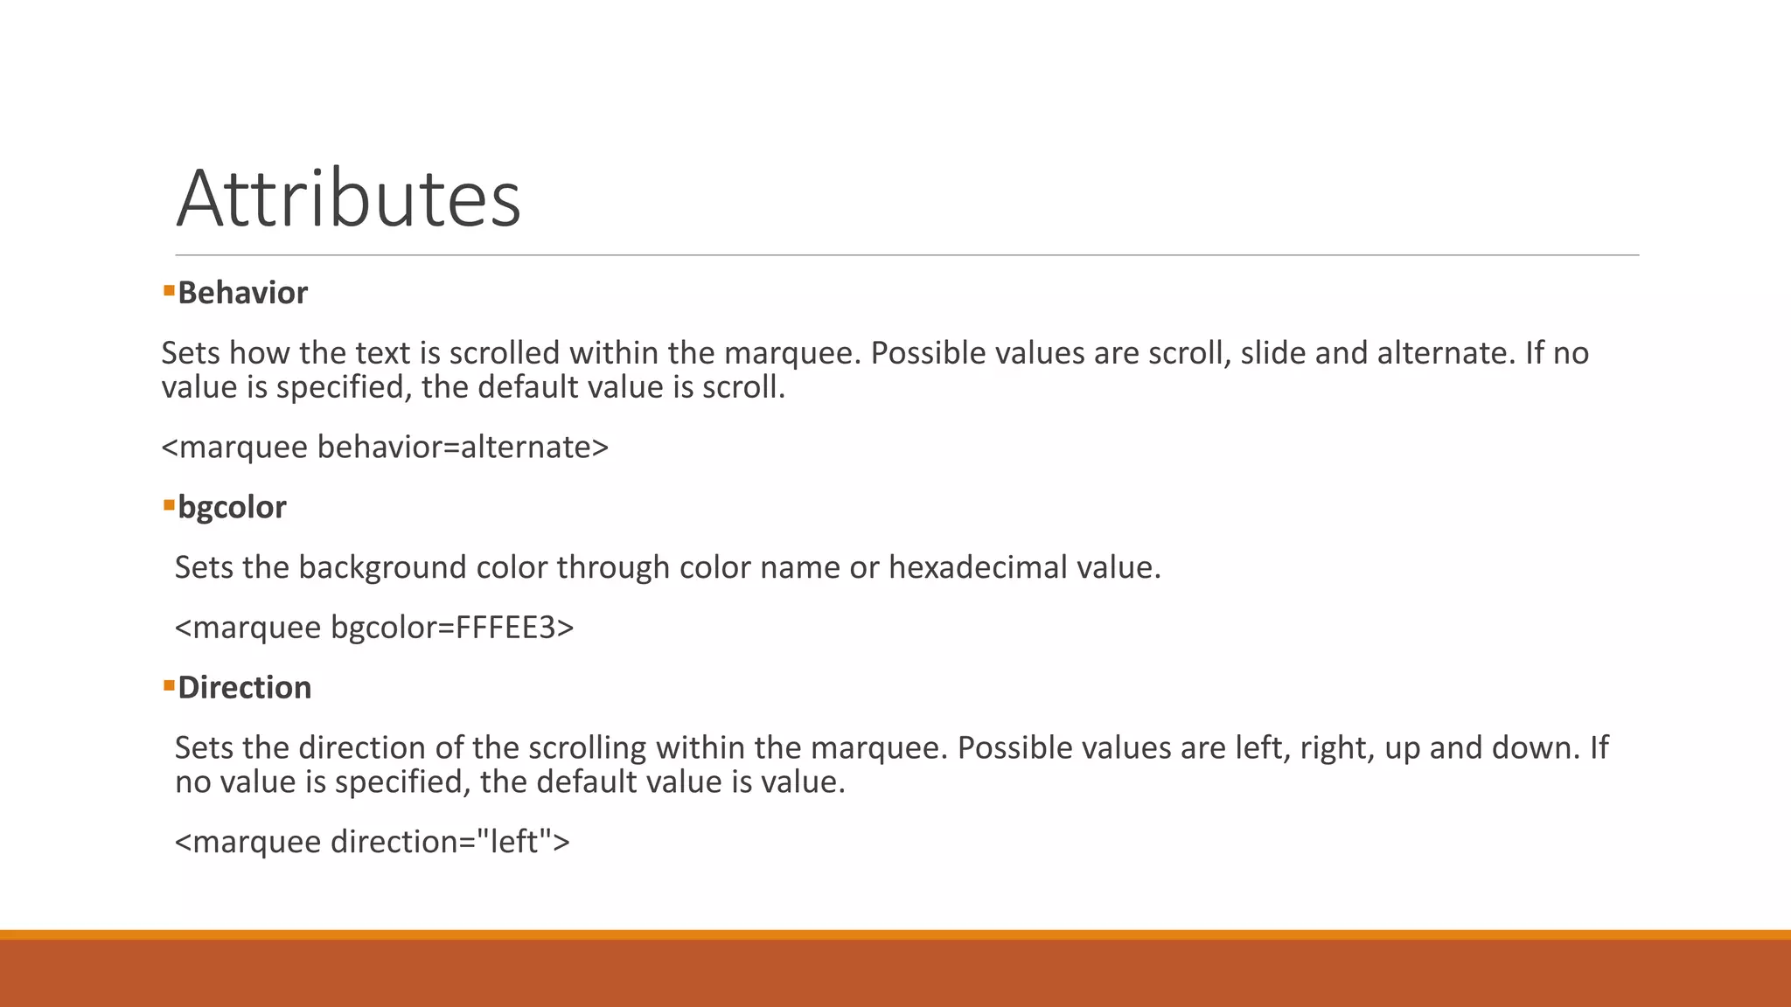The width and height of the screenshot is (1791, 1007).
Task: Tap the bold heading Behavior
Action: (x=242, y=293)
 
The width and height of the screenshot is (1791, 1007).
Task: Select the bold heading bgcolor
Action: (x=232, y=507)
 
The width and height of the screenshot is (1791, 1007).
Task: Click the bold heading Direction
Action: (x=244, y=688)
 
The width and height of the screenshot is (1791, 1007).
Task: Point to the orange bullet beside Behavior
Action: (x=169, y=289)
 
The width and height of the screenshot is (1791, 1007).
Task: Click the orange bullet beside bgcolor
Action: (x=169, y=504)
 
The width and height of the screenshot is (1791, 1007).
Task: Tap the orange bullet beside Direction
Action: (x=169, y=685)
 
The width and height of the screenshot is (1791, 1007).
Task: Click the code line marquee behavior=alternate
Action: (x=385, y=447)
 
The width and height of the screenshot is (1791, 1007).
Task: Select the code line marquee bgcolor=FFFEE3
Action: (x=374, y=628)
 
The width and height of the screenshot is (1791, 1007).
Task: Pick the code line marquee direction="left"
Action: (x=372, y=842)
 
